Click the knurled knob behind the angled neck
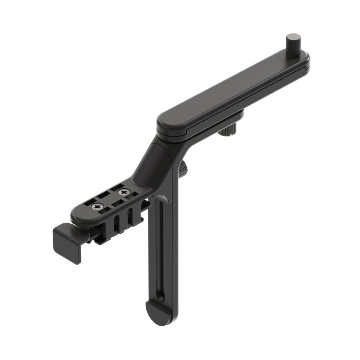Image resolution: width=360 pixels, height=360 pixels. [x=184, y=168]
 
